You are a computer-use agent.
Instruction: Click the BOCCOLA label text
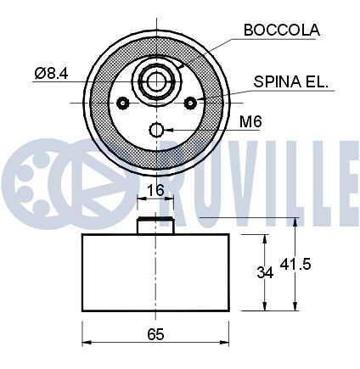281,30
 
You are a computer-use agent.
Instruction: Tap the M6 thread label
249,122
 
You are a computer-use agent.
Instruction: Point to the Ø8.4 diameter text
51,74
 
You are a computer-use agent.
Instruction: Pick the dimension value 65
155,333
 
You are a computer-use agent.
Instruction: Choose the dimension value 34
266,272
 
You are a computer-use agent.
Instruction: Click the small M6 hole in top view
156,130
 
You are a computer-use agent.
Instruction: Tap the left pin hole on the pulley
124,103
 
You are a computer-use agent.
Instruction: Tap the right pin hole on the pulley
190,103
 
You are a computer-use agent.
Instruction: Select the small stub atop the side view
156,226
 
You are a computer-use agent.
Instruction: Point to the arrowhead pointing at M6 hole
169,130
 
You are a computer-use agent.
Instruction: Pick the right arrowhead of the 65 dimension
228,344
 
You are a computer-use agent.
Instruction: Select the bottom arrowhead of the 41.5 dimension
295,309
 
